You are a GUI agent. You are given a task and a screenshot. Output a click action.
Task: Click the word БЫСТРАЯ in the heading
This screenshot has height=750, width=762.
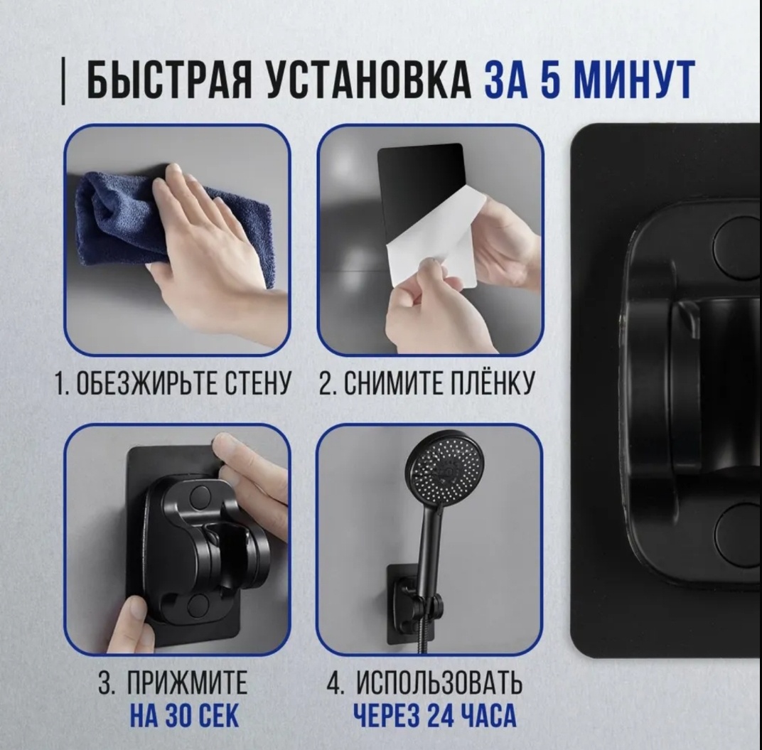click(169, 80)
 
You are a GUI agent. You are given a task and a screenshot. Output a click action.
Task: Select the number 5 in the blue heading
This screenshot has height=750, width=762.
click(550, 80)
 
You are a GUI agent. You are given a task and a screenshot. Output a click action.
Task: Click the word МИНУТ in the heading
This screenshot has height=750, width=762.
click(634, 80)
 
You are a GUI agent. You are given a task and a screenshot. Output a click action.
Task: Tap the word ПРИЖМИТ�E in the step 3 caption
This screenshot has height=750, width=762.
click(187, 682)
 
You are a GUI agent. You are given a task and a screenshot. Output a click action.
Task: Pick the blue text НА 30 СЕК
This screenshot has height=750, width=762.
click(184, 715)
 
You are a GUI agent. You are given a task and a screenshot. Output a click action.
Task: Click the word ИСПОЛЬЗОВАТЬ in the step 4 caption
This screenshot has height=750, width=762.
click(439, 682)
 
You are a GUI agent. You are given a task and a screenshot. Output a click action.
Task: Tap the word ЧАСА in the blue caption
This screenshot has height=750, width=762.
click(491, 715)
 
